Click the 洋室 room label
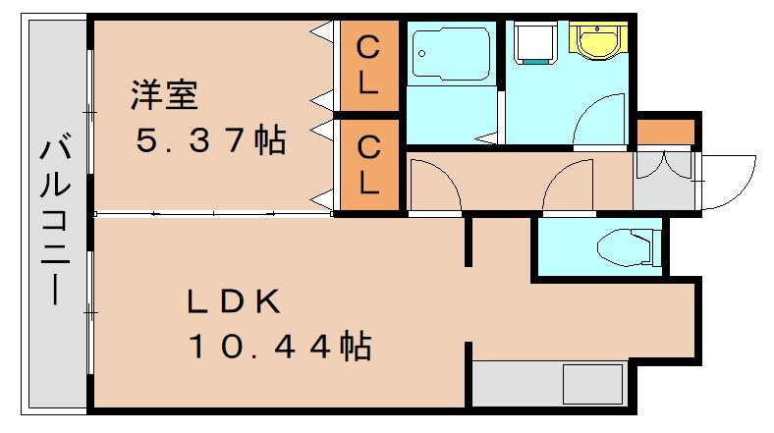(x=165, y=95)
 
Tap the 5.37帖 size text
(x=210, y=142)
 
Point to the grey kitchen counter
(x=550, y=383)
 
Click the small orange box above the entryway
(x=665, y=130)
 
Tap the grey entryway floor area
(x=664, y=181)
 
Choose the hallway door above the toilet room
(x=571, y=187)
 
